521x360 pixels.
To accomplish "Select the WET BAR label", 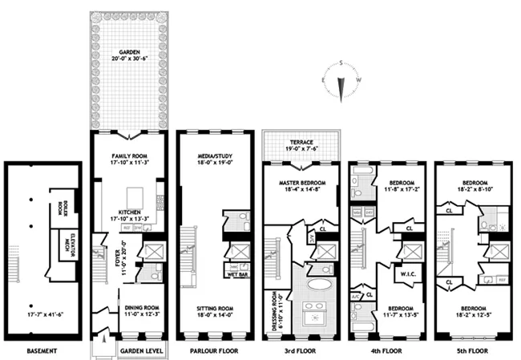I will [236, 274].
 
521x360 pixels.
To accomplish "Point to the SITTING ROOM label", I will [212, 306].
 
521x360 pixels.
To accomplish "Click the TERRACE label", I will [301, 140].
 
